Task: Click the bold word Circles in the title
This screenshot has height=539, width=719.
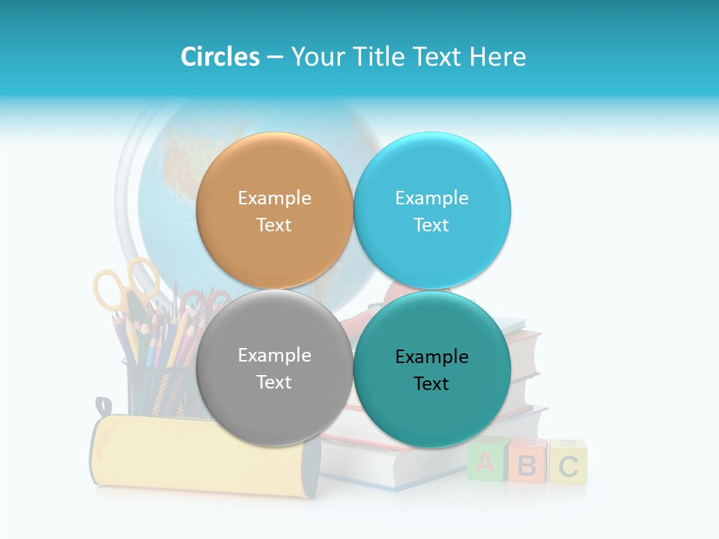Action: point(220,56)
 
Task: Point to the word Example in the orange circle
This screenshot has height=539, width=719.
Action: point(274,198)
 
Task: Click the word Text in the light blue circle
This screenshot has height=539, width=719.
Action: point(431,225)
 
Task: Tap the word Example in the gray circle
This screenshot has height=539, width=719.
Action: point(274,355)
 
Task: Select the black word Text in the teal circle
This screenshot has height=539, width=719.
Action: point(431,383)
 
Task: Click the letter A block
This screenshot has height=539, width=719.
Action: point(485,462)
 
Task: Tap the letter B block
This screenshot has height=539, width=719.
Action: point(527,464)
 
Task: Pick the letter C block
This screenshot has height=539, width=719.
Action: point(568,465)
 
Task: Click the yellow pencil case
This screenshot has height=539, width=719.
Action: point(195,457)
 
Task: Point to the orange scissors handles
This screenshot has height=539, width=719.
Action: point(120,288)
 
